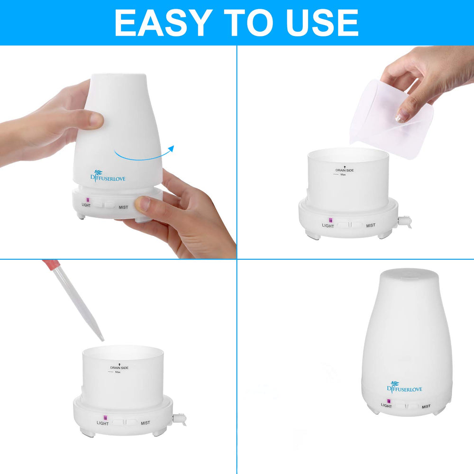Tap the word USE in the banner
pos(317,22)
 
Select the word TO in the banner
pos(240,22)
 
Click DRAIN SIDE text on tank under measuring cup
pos(345,170)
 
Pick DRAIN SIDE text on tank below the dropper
pos(119,367)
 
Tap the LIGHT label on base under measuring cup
pos(328,226)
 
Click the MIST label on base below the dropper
pos(145,423)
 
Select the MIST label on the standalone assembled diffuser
pos(426,406)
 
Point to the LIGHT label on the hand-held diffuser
pos(86,205)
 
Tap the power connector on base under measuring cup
pos(405,221)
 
